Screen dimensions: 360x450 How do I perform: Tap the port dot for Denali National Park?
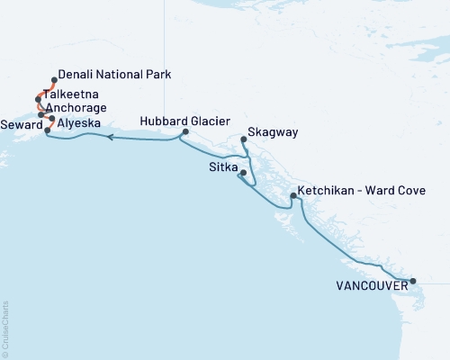(x=55, y=80)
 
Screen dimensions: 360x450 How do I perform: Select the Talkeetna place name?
(x=77, y=94)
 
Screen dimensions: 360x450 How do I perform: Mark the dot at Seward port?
(x=48, y=130)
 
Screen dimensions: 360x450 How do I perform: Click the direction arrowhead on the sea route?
(x=109, y=138)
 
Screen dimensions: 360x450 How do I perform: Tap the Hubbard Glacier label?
(x=185, y=121)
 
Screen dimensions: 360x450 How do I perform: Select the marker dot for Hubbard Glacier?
(x=184, y=132)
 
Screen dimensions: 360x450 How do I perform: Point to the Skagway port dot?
(x=244, y=139)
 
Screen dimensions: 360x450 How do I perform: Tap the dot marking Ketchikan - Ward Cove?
(x=293, y=195)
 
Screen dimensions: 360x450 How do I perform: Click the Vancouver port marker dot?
(x=413, y=282)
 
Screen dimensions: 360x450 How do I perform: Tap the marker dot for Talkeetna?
(x=38, y=99)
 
